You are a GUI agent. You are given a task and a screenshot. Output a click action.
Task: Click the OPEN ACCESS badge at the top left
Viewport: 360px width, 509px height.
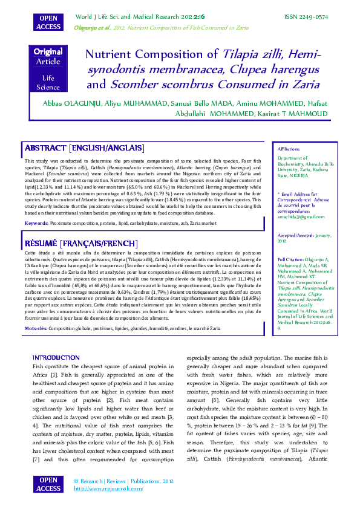coord(48,22)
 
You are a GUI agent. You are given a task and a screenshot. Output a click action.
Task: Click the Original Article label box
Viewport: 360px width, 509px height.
coord(48,57)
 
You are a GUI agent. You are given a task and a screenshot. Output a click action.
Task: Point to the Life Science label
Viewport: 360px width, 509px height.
coord(48,83)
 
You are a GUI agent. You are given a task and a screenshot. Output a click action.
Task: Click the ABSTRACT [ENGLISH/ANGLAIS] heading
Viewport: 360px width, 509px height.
coord(76,148)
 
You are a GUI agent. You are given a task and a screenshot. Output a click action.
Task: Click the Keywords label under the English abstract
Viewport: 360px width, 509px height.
coord(37,223)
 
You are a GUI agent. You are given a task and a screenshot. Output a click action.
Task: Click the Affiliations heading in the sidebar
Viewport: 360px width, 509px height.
coord(289,148)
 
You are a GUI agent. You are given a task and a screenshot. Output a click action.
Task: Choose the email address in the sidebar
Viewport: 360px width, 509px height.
coord(301,216)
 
